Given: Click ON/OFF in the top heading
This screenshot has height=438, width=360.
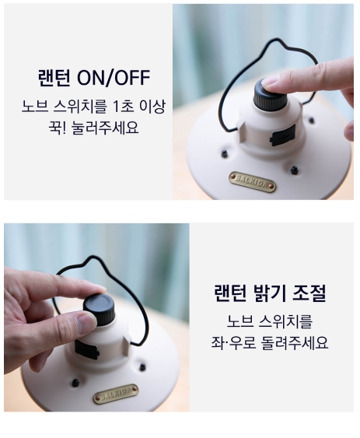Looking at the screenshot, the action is pos(114,78).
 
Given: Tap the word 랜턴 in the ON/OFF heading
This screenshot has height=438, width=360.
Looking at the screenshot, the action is pos(54,78).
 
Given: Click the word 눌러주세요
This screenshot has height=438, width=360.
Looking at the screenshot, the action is pos(105,128).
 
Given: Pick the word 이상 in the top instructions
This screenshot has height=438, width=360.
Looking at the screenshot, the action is pos(152,107).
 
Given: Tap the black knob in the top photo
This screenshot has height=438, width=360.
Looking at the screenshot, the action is pos(270,95).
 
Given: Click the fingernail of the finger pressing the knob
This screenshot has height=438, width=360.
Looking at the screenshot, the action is pos(270,81).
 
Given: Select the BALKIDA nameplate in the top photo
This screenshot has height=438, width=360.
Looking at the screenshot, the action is pos(252,181).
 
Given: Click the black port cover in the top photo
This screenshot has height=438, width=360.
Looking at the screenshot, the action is pos(283,135).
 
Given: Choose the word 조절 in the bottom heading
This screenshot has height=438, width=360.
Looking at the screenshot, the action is pos(309,293).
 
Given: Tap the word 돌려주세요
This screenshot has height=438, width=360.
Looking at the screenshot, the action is pos(295,343).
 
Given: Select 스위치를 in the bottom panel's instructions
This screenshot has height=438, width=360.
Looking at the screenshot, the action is pos(285,321).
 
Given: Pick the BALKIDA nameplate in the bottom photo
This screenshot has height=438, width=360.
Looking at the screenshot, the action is pos(116,394).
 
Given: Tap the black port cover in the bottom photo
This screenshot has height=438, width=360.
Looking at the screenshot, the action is pos(86,349).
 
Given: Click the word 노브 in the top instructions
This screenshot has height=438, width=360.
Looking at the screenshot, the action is pos(35,107).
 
